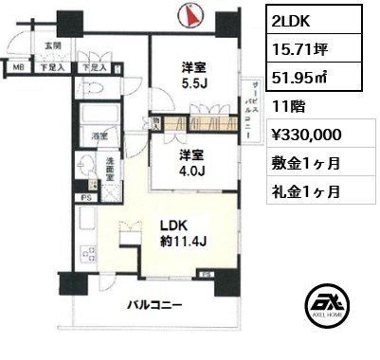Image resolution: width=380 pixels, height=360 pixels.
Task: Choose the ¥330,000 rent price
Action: [x=300, y=135]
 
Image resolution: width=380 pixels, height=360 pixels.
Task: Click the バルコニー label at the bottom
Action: [x=156, y=305]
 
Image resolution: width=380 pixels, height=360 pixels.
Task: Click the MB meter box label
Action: [x=19, y=68]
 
